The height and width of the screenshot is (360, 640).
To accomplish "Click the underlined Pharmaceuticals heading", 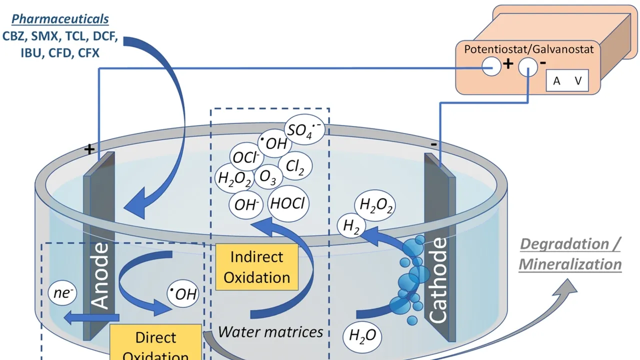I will (60, 19).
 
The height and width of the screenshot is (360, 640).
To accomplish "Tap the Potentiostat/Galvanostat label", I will (529, 49).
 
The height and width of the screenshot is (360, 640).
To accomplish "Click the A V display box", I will (567, 81).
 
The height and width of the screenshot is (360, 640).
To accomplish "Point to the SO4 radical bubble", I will (303, 130).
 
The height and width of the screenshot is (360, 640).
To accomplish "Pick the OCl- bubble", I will (245, 158).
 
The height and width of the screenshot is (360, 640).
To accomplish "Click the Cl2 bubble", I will (295, 167).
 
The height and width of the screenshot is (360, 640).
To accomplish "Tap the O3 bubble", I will (268, 178).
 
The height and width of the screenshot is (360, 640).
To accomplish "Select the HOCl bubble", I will (289, 204).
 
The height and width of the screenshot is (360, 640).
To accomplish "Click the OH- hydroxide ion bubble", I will (245, 205).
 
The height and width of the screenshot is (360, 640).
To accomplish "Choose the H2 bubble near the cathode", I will (351, 226).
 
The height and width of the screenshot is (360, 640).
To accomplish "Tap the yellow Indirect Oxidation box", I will (256, 267).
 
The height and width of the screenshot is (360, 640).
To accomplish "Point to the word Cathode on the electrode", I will (438, 280).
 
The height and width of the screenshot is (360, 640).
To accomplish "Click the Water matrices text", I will (270, 331).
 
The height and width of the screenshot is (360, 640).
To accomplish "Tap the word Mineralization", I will (570, 264).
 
